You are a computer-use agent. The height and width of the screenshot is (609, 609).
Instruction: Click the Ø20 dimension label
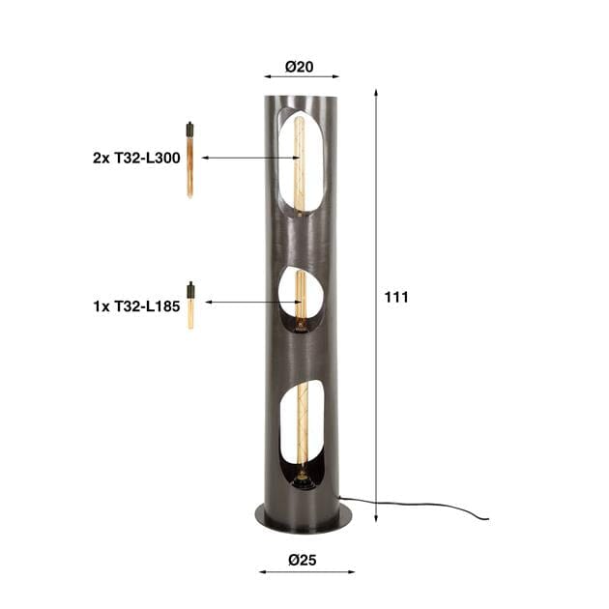click(x=299, y=67)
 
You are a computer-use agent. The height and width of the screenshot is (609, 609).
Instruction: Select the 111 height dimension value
click(x=396, y=298)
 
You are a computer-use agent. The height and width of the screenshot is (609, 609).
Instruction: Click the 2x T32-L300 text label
click(x=137, y=158)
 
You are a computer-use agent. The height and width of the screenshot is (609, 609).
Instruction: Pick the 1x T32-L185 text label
click(x=136, y=304)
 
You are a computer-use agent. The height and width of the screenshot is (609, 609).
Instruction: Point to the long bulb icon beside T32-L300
click(x=189, y=159)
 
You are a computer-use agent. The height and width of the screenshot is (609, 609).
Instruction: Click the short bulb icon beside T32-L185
click(x=190, y=304)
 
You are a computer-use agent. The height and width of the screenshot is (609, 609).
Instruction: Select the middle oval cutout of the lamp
click(x=299, y=300)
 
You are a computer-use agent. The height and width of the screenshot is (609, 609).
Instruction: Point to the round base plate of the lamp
click(x=303, y=516)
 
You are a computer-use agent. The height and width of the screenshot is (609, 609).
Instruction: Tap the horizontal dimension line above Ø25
click(x=305, y=571)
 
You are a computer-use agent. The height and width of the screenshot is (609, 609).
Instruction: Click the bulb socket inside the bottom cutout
click(x=303, y=477)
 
